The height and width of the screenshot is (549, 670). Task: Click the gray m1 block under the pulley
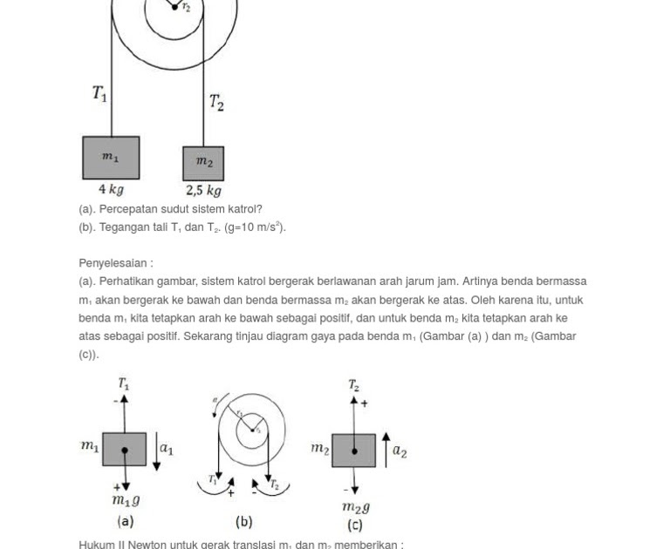tap(111, 158)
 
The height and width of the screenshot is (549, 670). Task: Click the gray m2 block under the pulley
tap(203, 163)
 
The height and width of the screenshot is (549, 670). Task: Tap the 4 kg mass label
tap(111, 189)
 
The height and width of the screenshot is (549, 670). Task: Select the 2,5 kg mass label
tap(203, 190)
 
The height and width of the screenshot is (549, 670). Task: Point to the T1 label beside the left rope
tap(99, 93)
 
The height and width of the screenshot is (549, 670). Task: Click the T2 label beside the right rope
tap(216, 103)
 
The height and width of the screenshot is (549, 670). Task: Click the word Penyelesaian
tap(113, 262)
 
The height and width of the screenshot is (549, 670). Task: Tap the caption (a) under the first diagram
tap(125, 521)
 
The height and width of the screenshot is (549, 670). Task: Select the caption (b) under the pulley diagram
tap(243, 521)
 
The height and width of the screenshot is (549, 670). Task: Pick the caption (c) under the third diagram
tap(354, 525)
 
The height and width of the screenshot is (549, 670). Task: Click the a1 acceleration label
tap(166, 450)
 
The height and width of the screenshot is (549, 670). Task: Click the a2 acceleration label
tap(400, 451)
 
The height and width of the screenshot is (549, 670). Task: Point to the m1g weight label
tap(126, 500)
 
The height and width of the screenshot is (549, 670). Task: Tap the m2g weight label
tap(355, 506)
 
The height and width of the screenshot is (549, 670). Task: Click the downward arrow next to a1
tap(156, 451)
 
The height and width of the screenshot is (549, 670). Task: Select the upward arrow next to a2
tap(386, 449)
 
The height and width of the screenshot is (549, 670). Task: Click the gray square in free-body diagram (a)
tap(124, 450)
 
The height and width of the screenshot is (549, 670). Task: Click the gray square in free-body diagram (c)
tap(353, 451)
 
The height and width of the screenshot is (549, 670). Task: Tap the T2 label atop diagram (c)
tap(353, 384)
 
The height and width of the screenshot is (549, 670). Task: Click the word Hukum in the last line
tap(95, 545)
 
